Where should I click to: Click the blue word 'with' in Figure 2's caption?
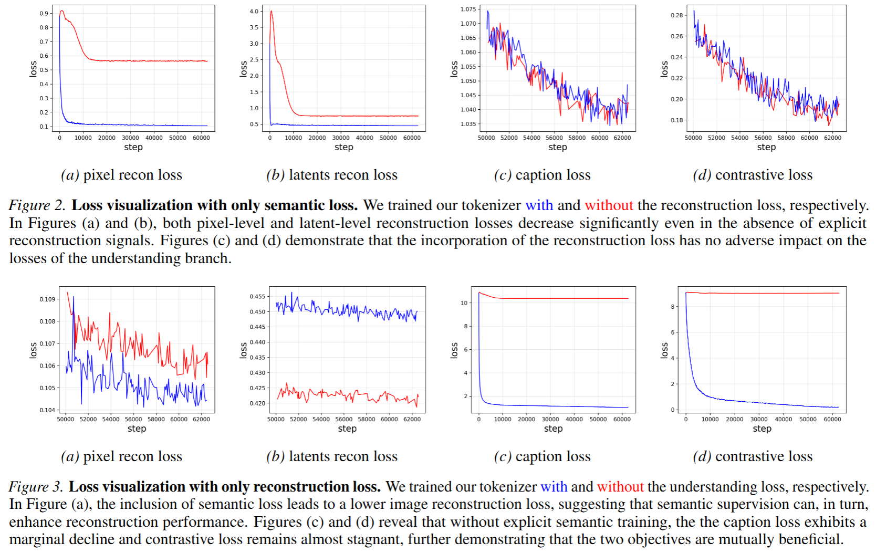[x=539, y=205]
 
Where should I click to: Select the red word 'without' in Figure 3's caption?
[x=620, y=487]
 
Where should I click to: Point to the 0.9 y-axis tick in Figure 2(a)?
[x=44, y=13]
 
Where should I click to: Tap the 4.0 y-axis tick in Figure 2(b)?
[x=254, y=11]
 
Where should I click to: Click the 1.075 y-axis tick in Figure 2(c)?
[x=468, y=9]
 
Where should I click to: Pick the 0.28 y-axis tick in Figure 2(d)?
[x=677, y=15]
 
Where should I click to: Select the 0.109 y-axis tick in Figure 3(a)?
[x=47, y=299]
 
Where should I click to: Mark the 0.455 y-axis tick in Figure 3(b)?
[x=257, y=297]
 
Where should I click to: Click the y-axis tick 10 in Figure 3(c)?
[x=464, y=303]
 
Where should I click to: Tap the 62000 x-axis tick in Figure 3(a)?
[x=201, y=419]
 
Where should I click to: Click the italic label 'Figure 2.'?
[x=37, y=205]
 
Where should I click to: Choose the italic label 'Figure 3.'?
[x=36, y=487]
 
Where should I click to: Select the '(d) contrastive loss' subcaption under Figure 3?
[x=753, y=456]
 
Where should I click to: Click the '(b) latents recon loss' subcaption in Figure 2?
[x=332, y=175]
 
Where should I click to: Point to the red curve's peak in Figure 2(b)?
[x=271, y=12]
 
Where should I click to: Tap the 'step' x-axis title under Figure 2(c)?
[x=557, y=147]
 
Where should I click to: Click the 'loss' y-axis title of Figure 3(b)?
[x=243, y=350]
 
